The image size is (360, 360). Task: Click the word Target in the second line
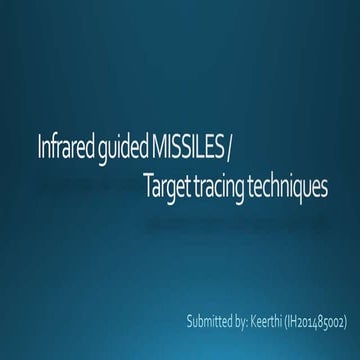click(166, 187)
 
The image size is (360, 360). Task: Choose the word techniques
click(292, 187)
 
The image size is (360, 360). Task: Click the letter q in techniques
click(300, 189)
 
